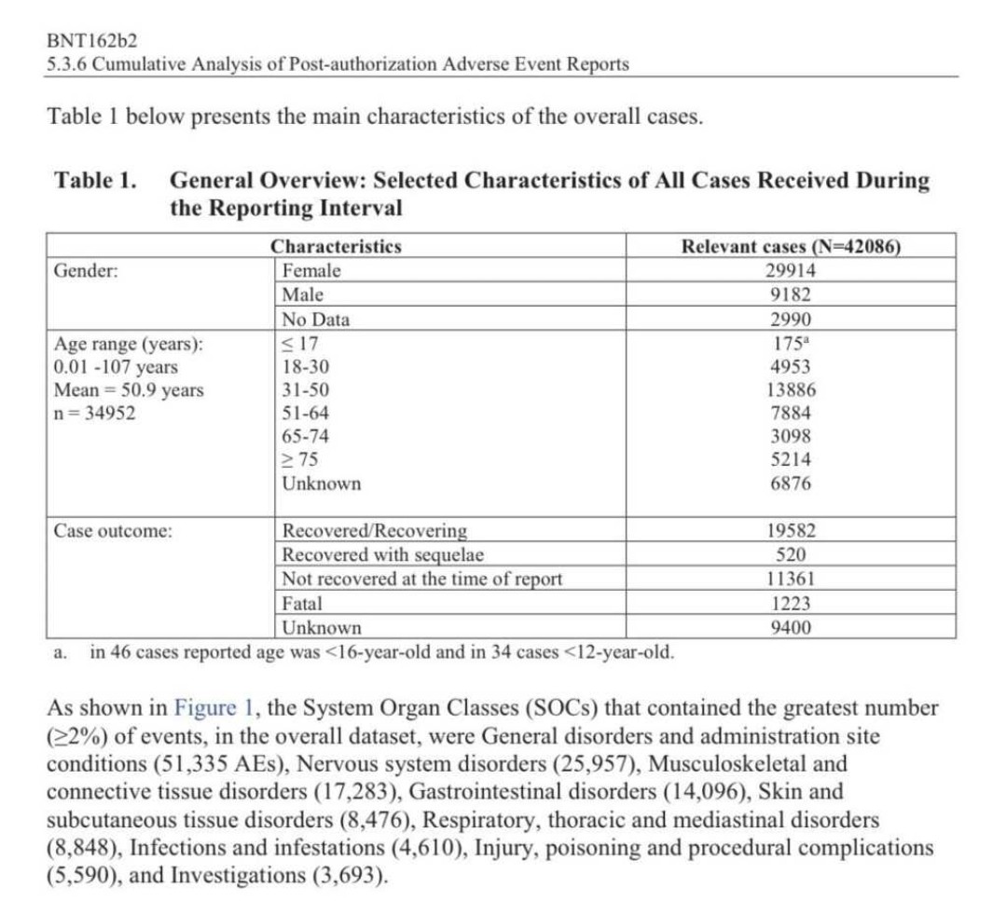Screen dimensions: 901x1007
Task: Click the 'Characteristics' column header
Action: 336,247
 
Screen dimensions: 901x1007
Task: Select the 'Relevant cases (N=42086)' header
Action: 791,247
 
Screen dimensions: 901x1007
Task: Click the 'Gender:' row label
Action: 85,271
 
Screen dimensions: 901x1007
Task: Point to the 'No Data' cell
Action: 316,320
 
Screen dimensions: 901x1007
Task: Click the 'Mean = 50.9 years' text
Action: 129,390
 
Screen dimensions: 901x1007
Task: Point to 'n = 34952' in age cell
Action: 95,414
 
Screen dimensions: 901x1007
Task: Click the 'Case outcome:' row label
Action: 112,531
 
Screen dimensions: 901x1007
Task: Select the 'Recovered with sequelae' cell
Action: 383,555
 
